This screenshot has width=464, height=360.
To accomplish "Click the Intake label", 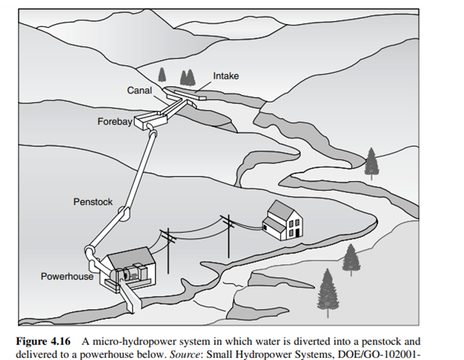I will (226, 76).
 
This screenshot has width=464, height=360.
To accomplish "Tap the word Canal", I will (139, 91).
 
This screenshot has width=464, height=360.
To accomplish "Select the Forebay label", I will (114, 121).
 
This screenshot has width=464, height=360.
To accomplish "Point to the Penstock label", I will (92, 202).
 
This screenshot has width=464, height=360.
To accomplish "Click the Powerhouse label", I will (67, 276).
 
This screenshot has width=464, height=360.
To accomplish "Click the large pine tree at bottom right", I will (327, 293).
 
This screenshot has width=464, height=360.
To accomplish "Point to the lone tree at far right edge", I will (370, 162).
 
